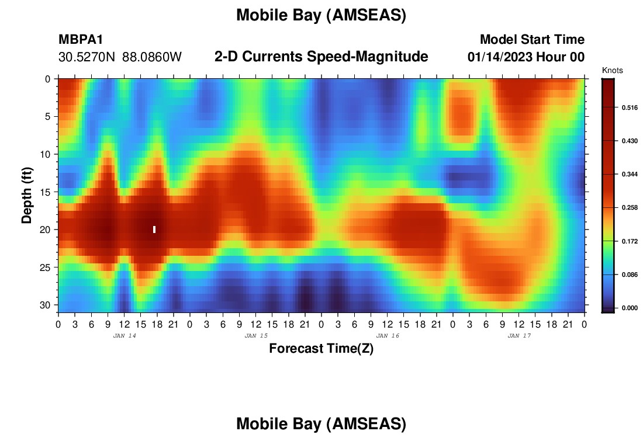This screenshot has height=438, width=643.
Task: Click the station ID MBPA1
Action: pyautogui.click(x=81, y=39)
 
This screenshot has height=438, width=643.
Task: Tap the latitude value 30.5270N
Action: pyautogui.click(x=87, y=57)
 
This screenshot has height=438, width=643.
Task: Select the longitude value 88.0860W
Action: pyautogui.click(x=152, y=57)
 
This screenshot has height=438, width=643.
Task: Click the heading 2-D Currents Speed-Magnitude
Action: pyautogui.click(x=321, y=57)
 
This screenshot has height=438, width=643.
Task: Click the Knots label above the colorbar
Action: pyautogui.click(x=612, y=70)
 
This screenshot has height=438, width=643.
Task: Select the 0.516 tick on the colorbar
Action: pyautogui.click(x=630, y=108)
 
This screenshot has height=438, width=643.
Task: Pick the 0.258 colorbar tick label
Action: pyautogui.click(x=630, y=208)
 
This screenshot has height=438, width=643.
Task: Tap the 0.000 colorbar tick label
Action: pyautogui.click(x=630, y=308)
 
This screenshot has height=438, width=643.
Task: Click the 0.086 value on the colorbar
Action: pyautogui.click(x=630, y=274)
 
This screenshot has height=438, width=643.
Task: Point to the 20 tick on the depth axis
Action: pyautogui.click(x=45, y=230)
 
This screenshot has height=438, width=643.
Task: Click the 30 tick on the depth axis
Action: pyautogui.click(x=45, y=305)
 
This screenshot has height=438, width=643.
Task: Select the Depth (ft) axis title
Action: pyautogui.click(x=27, y=196)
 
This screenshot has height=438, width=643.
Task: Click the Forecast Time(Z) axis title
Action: pyautogui.click(x=321, y=349)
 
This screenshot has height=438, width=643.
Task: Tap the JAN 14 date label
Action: pyautogui.click(x=125, y=336)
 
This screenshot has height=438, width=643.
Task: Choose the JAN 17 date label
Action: pyautogui.click(x=519, y=336)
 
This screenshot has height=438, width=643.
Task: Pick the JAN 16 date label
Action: pyautogui.click(x=388, y=336)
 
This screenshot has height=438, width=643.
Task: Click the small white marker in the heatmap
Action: pyautogui.click(x=154, y=230)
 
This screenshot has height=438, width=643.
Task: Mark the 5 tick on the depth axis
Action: pyautogui.click(x=48, y=117)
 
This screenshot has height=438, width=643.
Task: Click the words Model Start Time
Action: pyautogui.click(x=533, y=39)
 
